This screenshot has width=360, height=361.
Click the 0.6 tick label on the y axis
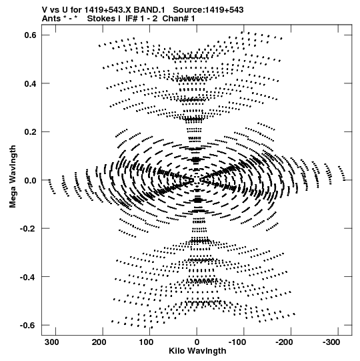(x=31, y=35)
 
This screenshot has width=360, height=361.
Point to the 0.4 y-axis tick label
(x=31, y=83)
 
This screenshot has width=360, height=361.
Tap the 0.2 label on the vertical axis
(x=31, y=131)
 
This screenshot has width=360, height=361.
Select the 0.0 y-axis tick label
(x=31, y=180)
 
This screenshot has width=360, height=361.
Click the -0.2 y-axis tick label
(x=28, y=228)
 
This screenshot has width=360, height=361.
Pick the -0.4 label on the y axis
(x=28, y=277)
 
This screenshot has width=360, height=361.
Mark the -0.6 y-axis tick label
(x=28, y=325)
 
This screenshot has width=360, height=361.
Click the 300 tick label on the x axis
(x=52, y=342)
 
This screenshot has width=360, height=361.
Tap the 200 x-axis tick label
(x=99, y=342)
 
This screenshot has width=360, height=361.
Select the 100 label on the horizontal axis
(x=146, y=342)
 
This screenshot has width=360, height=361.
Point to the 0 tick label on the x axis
(x=197, y=342)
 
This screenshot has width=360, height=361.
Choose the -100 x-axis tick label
(x=237, y=342)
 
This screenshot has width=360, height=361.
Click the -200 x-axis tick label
(x=284, y=342)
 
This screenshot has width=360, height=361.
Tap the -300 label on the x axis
(x=331, y=342)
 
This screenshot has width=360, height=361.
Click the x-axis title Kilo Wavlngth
(x=197, y=351)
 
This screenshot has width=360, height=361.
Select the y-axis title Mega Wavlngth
(x=13, y=176)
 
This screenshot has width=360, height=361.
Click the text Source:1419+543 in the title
(x=208, y=10)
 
